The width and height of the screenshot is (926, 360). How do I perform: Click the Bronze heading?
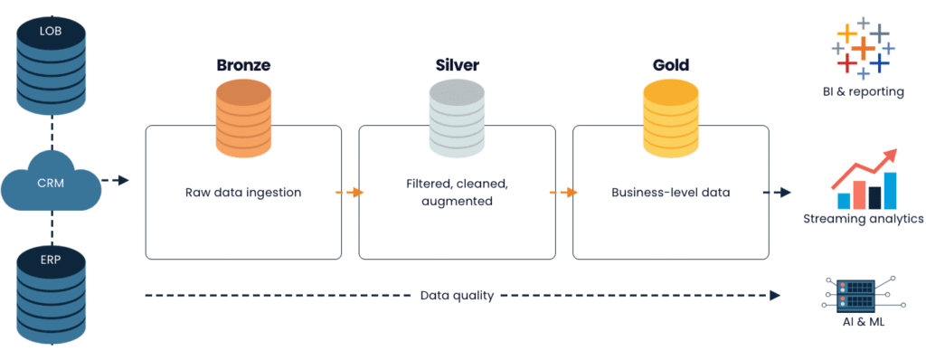[244, 65]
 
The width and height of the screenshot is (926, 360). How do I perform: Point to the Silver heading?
[456, 65]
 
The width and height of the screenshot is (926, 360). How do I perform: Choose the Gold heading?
[671, 65]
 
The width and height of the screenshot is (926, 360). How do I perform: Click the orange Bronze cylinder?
[244, 118]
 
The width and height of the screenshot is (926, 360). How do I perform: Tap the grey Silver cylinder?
[457, 118]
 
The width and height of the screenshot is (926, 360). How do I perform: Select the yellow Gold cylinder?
[671, 118]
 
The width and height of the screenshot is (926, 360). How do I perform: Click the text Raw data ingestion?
[244, 193]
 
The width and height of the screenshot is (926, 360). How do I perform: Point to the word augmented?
[457, 202]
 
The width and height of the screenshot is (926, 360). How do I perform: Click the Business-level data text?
[670, 193]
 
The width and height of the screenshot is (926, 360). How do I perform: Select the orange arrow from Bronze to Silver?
[349, 193]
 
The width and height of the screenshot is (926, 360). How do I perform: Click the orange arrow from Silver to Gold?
[563, 193]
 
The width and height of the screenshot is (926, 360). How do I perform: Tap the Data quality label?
[457, 295]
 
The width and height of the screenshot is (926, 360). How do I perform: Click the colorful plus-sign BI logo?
[863, 46]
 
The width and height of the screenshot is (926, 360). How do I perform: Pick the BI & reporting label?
[863, 91]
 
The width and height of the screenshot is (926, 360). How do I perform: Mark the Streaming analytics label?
[863, 219]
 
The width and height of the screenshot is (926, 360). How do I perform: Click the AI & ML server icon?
[863, 294]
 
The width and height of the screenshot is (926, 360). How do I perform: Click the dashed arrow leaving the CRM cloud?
[115, 181]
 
